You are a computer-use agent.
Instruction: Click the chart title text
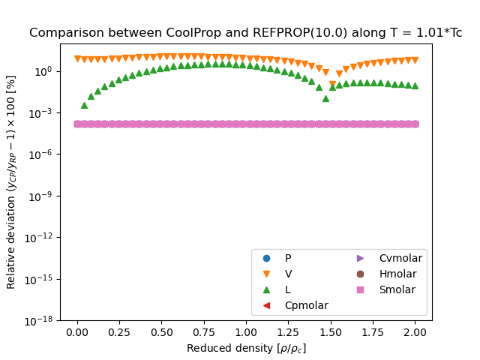click(x=245, y=33)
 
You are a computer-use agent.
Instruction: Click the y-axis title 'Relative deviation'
click(x=11, y=181)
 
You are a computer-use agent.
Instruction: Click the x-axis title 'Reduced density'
click(x=246, y=348)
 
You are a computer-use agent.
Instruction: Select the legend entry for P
click(x=288, y=258)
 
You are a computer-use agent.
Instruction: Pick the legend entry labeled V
click(x=288, y=274)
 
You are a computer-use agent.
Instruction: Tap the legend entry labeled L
click(x=288, y=289)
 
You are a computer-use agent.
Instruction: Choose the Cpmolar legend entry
click(x=305, y=305)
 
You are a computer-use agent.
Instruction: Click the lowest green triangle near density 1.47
click(x=325, y=98)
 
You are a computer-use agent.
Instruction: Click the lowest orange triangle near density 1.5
click(x=332, y=85)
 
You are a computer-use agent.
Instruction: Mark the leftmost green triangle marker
click(x=84, y=105)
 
